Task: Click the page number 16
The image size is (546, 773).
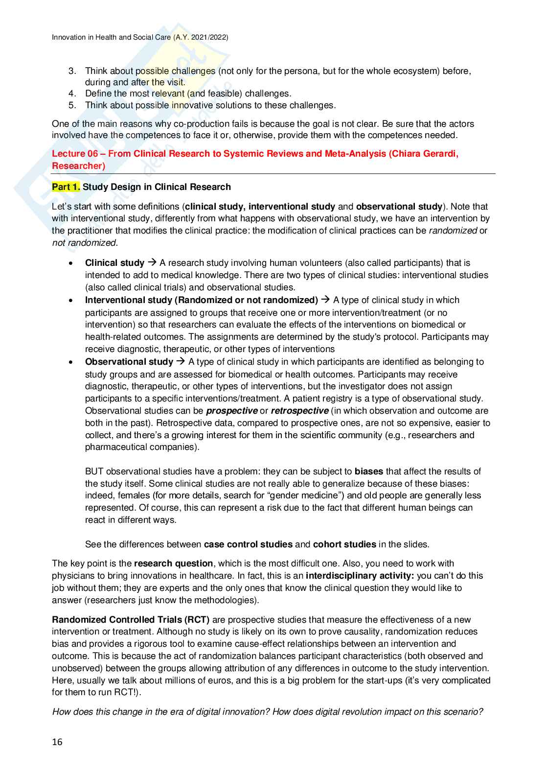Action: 57,742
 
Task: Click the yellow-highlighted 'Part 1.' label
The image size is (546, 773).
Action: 66,187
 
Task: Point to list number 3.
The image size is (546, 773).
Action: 72,71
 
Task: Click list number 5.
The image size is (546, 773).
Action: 72,105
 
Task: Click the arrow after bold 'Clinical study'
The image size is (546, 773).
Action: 152,263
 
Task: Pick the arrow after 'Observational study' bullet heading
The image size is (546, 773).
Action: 181,362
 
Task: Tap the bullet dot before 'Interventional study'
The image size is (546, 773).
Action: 71,301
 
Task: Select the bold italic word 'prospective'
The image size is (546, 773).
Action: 232,411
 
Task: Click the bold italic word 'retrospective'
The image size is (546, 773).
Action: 299,411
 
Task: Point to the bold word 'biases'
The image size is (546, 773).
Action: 369,471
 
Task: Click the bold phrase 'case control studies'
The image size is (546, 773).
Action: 248,544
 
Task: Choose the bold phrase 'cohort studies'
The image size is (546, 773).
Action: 344,544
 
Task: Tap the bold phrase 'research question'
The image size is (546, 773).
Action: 174,563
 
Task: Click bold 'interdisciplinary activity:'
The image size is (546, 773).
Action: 360,576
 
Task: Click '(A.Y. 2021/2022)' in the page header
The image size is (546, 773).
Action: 201,37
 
